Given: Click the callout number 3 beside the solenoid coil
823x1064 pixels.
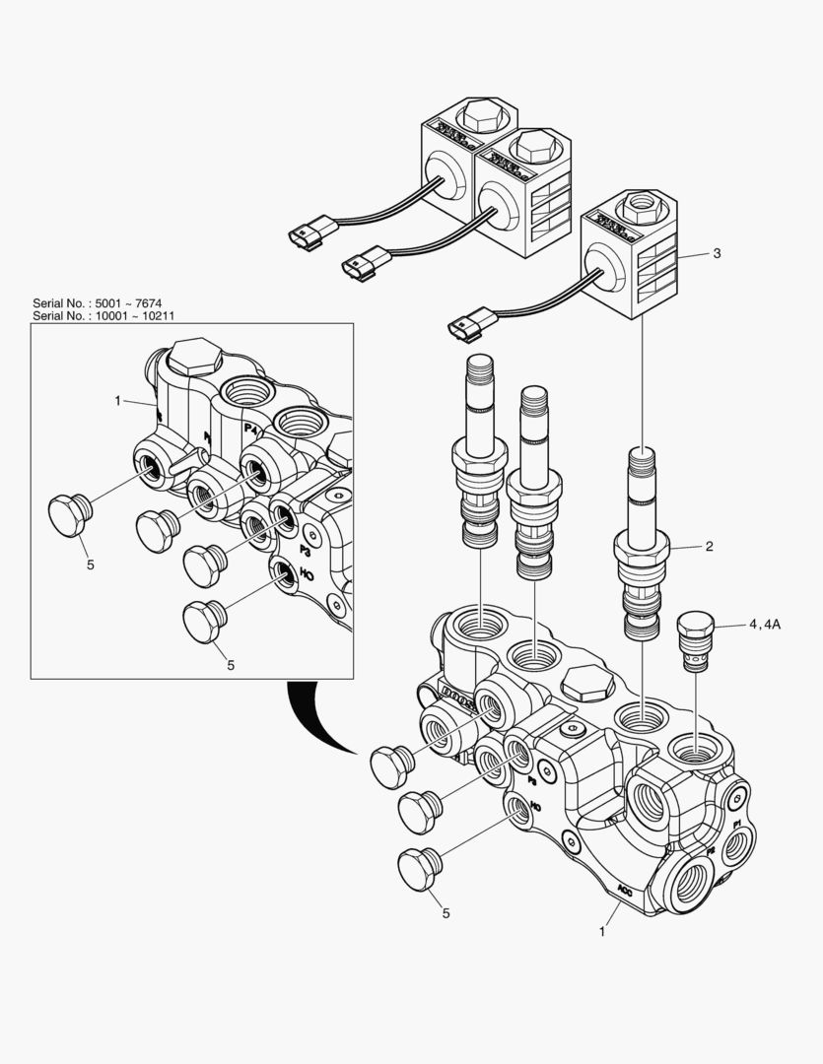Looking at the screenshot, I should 717,253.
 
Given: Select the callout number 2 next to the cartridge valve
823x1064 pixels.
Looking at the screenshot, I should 708,545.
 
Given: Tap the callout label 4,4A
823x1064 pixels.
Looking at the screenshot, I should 764,624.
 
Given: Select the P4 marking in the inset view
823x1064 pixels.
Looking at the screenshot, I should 251,429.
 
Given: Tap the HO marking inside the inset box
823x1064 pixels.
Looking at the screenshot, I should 307,574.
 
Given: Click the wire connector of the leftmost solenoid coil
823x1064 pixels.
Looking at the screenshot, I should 303,237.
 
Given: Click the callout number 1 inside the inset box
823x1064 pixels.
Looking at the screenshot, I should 117,401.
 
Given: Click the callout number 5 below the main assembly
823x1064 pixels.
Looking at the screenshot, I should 446,913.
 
